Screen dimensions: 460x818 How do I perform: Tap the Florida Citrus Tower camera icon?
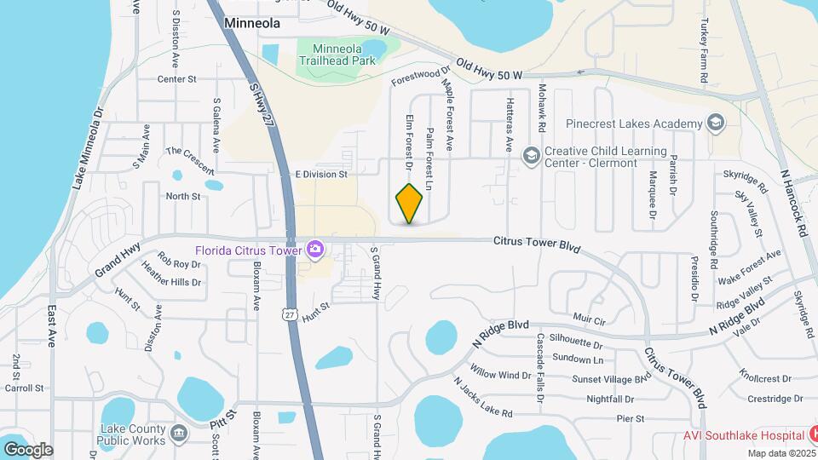pos(315,249)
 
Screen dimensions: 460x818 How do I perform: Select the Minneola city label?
pos(251,25)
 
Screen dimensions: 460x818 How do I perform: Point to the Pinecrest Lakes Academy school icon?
pos(716,124)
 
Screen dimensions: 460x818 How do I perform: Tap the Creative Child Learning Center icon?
pos(532,155)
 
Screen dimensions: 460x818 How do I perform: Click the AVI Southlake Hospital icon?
pos(804,434)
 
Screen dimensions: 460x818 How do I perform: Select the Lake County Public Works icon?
pos(179,433)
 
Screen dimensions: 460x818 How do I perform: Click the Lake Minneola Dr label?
pos(88,148)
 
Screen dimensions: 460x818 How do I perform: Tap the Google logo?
pos(28,449)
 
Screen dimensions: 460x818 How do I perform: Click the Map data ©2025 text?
pos(780,453)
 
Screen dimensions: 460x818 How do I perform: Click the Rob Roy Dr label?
pos(179,264)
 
